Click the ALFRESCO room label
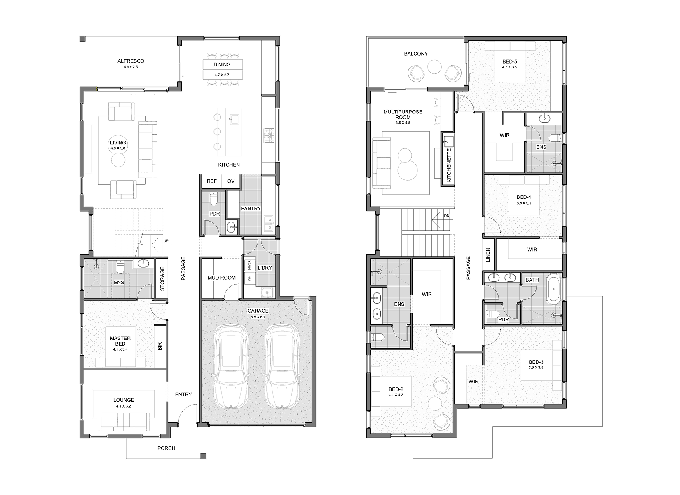[x=131, y=61]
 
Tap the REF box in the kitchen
[x=211, y=181]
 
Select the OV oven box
[x=231, y=181]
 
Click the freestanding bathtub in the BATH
[x=554, y=289]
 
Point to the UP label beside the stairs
[x=166, y=241]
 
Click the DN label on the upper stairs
[x=447, y=216]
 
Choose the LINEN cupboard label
[x=488, y=255]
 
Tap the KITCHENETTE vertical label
[x=449, y=165]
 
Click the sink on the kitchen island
[x=234, y=120]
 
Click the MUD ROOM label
[x=222, y=278]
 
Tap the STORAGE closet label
[x=162, y=279]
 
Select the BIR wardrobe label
[x=160, y=346]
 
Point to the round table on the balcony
[x=434, y=67]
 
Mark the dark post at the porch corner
[x=204, y=456]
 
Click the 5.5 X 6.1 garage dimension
[x=258, y=317]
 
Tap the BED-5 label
[x=510, y=62]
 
